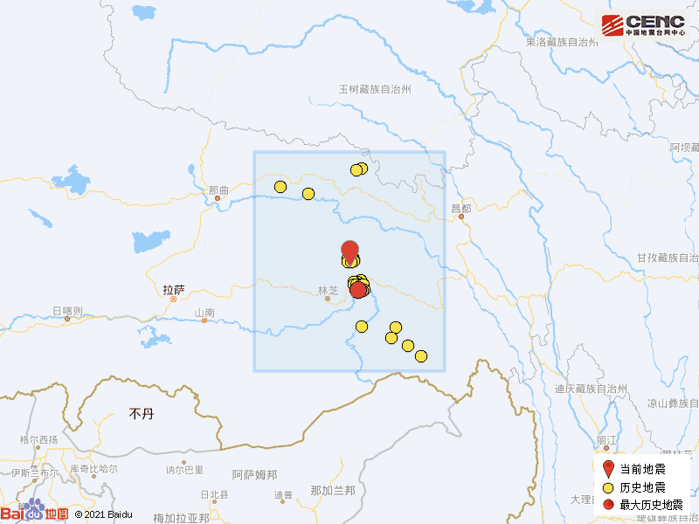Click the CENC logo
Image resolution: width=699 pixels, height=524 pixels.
pyautogui.click(x=642, y=24)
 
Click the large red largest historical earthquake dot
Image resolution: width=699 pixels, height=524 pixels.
pyautogui.click(x=358, y=290)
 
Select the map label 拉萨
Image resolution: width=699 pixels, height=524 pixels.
pyautogui.click(x=174, y=289)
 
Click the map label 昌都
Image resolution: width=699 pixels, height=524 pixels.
pyautogui.click(x=460, y=209)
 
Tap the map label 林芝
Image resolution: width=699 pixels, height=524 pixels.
pyautogui.click(x=328, y=290)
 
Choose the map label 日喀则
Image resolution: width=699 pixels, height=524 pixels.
pyautogui.click(x=67, y=311)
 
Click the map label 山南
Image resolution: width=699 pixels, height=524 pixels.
pyautogui.click(x=204, y=313)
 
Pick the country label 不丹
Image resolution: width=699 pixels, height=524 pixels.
pyautogui.click(x=141, y=413)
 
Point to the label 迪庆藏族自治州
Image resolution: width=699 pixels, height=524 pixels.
pyautogui.click(x=592, y=389)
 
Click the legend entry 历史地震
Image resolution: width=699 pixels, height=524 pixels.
pyautogui.click(x=642, y=486)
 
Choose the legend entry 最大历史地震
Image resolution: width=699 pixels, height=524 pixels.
pyautogui.click(x=651, y=504)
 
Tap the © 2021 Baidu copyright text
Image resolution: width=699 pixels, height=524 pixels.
pyautogui.click(x=103, y=515)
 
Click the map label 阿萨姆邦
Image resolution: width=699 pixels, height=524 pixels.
pyautogui.click(x=254, y=474)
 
